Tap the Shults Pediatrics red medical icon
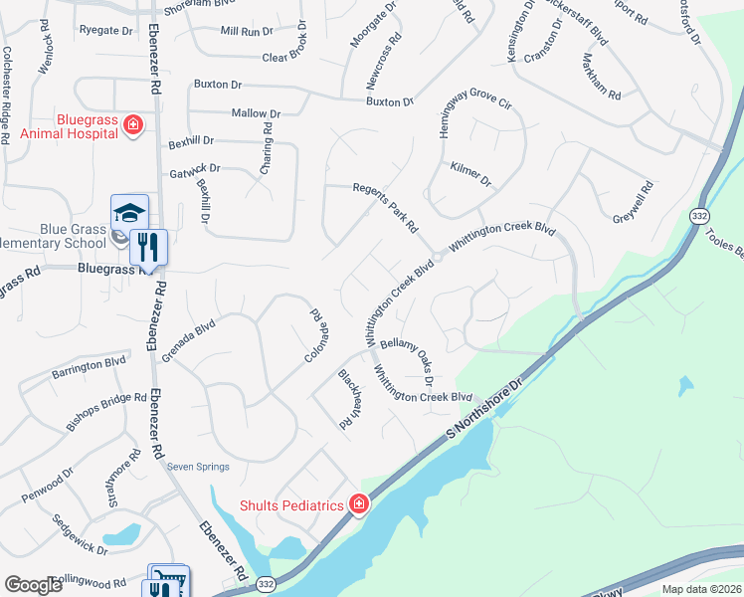pyautogui.click(x=359, y=504)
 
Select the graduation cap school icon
pyautogui.click(x=129, y=212)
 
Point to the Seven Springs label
pyautogui.click(x=198, y=467)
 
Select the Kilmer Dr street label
pyautogui.click(x=470, y=174)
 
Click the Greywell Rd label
pyautogui.click(x=633, y=202)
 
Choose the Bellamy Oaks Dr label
pyautogui.click(x=410, y=357)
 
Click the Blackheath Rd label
pyautogui.click(x=347, y=399)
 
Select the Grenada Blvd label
pyautogui.click(x=189, y=337)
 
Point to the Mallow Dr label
pyautogui.click(x=256, y=114)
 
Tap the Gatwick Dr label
pyautogui.click(x=194, y=170)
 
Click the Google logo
pyautogui.click(x=33, y=585)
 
